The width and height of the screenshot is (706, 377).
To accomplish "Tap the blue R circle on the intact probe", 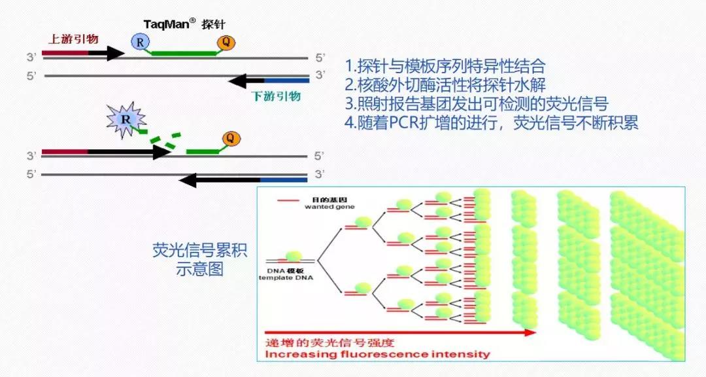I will coord(140,43).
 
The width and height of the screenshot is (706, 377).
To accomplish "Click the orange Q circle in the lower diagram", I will coord(230,138).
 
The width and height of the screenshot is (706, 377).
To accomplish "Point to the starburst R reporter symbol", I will coord(125,120).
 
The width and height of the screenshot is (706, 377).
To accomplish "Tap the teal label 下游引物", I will coord(276,96).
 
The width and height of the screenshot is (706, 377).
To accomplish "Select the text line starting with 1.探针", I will coord(445,66).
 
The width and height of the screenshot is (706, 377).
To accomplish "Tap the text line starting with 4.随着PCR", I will coord(492,123).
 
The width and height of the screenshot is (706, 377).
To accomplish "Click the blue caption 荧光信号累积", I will coord(200,251).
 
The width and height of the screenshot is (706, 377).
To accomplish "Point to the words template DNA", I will coord(290,277).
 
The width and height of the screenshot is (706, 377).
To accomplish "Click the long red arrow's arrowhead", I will coord(531,332).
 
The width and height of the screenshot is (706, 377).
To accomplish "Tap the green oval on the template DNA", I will coord(294,257).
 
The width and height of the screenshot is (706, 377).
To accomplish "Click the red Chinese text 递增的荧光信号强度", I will coord(330,342).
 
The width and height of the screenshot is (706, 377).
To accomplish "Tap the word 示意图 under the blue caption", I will coord(200,269).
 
